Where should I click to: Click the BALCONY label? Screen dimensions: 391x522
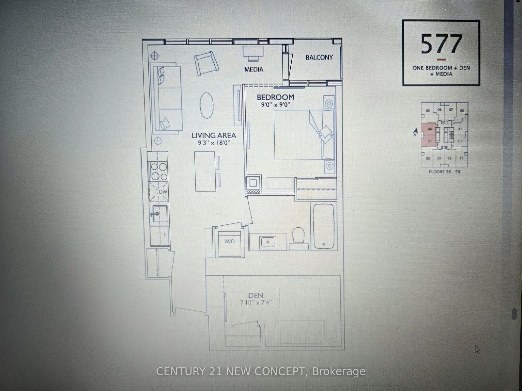pos(319,57)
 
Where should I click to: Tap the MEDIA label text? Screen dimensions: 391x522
pos(254,70)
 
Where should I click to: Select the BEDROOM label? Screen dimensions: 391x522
pos(275,97)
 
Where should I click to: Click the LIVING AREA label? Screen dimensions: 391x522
pos(214,135)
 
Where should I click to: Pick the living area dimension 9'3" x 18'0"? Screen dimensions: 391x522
pos(213,143)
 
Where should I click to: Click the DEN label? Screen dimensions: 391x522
pos(256,296)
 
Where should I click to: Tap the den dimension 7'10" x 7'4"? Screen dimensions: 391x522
pos(256,302)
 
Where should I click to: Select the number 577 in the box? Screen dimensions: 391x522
pos(441,44)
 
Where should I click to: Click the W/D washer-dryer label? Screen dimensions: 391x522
pos(229,241)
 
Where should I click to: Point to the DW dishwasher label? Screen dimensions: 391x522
pos(163,192)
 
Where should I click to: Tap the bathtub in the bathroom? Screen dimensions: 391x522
pos(324,227)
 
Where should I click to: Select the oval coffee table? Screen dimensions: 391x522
pos(207,105)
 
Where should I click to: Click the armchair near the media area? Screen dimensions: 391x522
pos(206,62)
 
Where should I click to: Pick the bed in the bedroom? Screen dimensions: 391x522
pos(303,135)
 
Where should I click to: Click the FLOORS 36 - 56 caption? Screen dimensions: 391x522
pos(444,171)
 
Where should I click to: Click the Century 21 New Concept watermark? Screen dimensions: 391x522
pos(261,371)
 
